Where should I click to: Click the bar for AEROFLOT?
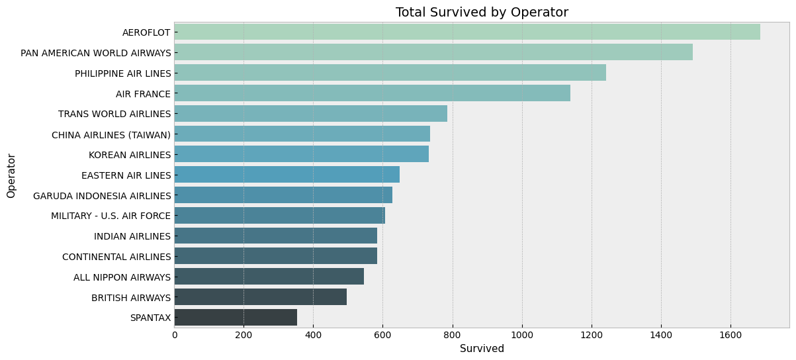(466, 32)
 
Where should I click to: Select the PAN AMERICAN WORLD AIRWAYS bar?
(433, 52)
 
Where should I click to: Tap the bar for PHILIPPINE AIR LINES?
(390, 73)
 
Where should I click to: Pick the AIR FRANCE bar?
(372, 93)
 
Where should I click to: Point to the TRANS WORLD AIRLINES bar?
(310, 114)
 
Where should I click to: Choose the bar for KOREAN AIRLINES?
(301, 154)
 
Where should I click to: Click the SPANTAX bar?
(236, 318)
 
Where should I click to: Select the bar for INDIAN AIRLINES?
(275, 236)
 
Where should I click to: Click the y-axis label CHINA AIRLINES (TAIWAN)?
(111, 135)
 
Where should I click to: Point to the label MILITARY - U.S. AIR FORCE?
(111, 216)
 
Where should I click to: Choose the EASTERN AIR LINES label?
(126, 175)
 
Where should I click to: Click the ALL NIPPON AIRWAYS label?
(122, 277)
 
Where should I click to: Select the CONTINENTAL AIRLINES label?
(116, 257)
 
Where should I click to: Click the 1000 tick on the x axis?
(522, 335)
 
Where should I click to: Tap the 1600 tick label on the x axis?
(730, 335)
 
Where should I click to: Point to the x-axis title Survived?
(482, 349)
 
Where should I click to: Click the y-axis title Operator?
(11, 175)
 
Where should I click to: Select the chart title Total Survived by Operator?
(482, 13)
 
